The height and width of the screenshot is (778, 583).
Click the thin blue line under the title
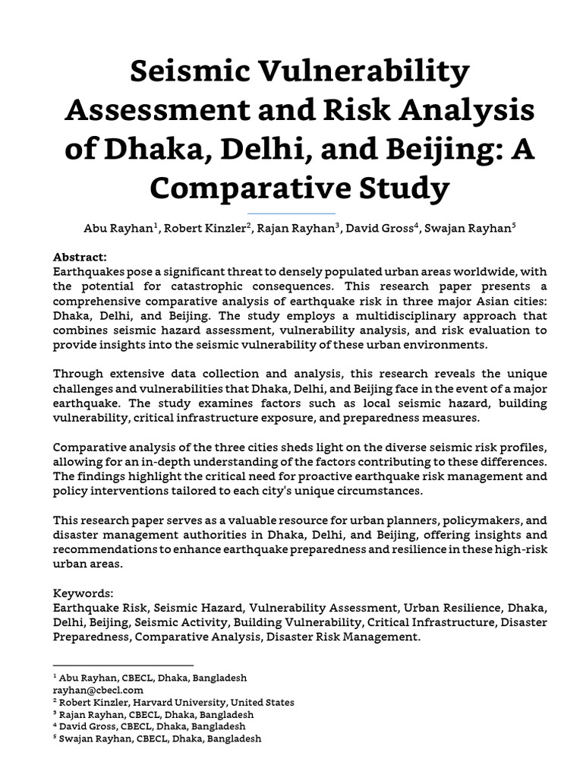click(x=291, y=213)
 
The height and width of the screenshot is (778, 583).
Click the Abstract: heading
click(x=80, y=258)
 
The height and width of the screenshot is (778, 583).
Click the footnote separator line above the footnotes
click(x=123, y=665)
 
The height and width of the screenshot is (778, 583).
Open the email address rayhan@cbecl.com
click(x=98, y=690)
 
